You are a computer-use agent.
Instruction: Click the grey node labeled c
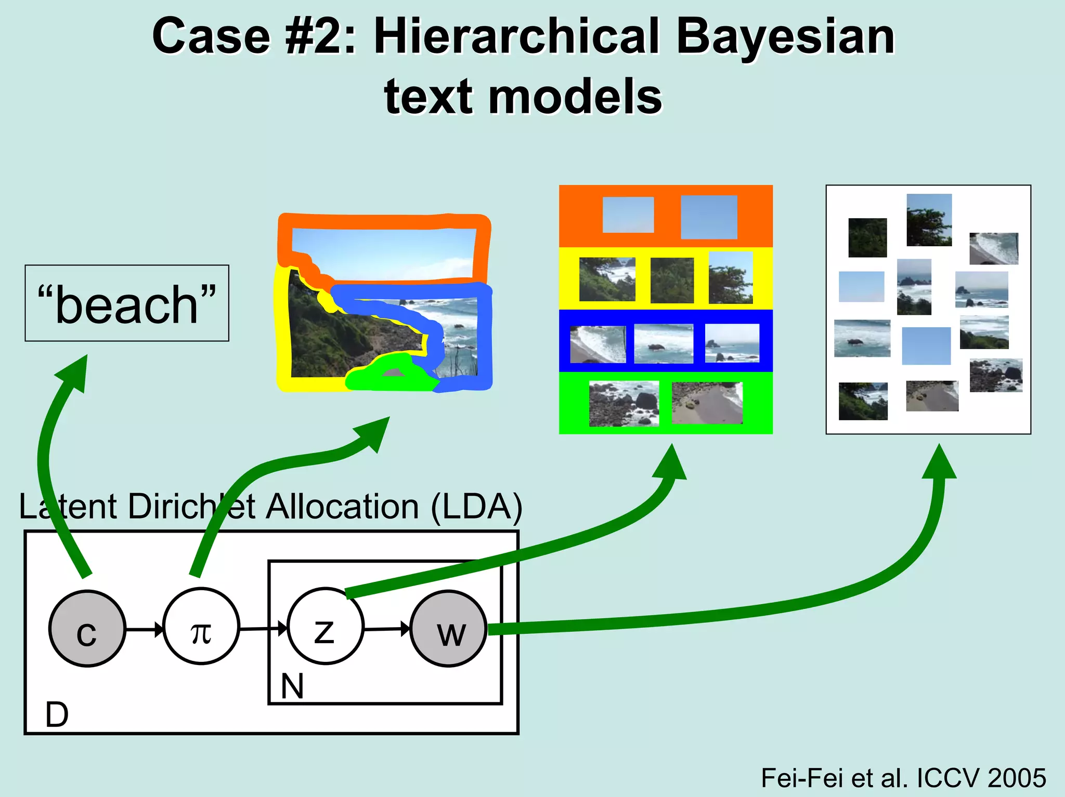pos(87,629)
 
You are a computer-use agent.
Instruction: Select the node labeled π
pos(201,627)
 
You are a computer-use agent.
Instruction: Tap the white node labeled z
pos(326,627)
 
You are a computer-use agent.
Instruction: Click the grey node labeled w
pos(449,629)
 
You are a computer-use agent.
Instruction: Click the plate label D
pos(57,715)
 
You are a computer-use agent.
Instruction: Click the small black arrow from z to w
pos(387,630)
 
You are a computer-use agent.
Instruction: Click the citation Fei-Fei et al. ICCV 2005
pos(903,778)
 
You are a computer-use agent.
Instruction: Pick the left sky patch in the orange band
pos(628,215)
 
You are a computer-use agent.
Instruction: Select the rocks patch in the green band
pos(624,404)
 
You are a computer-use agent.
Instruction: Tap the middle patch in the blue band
pos(664,343)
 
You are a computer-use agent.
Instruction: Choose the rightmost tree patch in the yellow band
pos(731,277)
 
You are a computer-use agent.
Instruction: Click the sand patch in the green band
pos(707,403)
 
